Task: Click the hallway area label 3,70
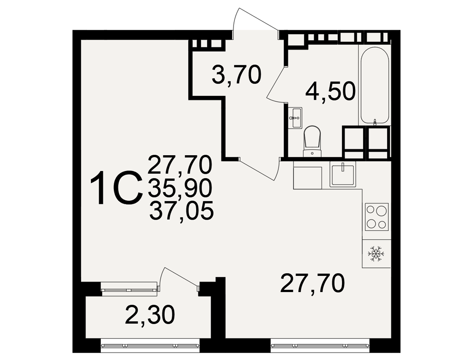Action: click(x=237, y=75)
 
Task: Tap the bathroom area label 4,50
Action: click(x=331, y=91)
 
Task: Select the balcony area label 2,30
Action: click(x=150, y=315)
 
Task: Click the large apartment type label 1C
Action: click(x=117, y=188)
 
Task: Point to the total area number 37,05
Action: click(x=181, y=211)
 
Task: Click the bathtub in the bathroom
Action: click(x=374, y=85)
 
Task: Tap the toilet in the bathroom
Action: click(x=312, y=142)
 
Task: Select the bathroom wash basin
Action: click(x=295, y=118)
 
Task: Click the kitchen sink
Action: click(x=343, y=174)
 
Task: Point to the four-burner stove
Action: click(x=377, y=217)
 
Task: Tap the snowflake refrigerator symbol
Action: click(x=376, y=254)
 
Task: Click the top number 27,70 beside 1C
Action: click(x=180, y=165)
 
